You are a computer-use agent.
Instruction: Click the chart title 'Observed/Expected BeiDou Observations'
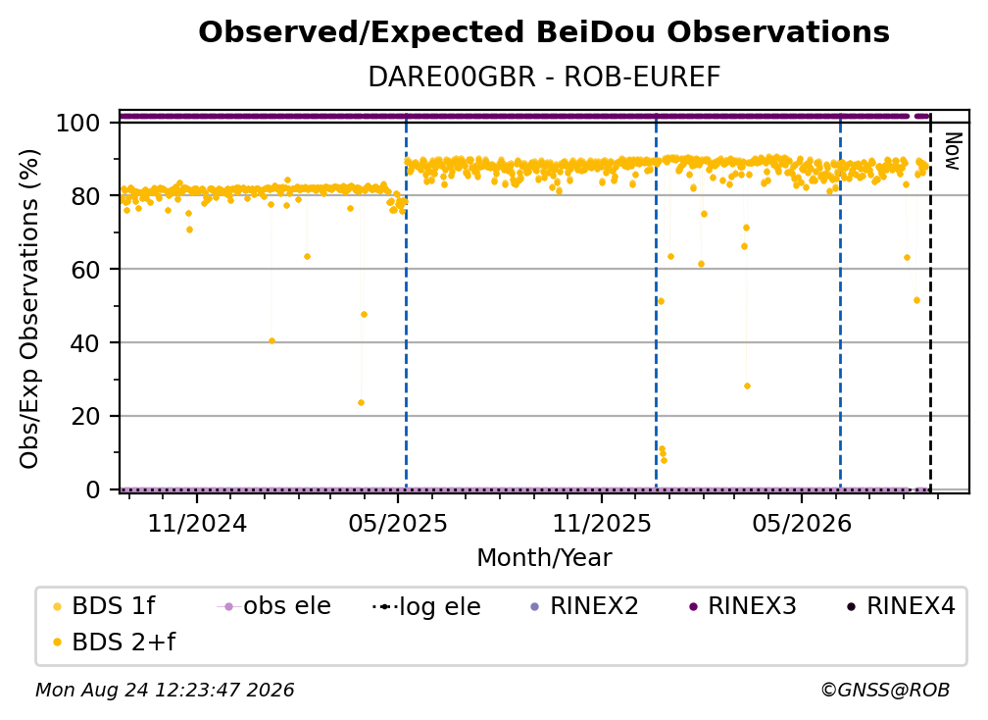[x=544, y=32]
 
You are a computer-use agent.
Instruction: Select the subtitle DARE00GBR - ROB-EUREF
[x=544, y=77]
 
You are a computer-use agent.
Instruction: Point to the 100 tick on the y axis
[x=78, y=123]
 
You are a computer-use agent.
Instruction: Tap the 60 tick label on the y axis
[x=85, y=270]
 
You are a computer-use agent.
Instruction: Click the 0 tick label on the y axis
[x=93, y=489]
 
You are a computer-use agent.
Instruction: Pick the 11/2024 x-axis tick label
[x=197, y=523]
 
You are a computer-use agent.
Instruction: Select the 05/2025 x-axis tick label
[x=398, y=523]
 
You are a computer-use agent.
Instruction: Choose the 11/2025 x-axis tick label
[x=602, y=523]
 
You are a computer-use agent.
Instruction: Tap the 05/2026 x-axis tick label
[x=802, y=523]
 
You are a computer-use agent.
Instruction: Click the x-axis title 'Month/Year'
[x=544, y=558]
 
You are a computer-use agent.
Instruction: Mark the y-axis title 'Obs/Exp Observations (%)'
[x=29, y=309]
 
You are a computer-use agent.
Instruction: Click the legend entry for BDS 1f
[x=105, y=606]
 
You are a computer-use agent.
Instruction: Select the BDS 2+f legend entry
[x=115, y=643]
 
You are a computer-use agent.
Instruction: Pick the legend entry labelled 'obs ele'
[x=274, y=606]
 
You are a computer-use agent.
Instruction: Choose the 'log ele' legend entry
[x=427, y=607]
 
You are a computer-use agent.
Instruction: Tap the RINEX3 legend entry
[x=744, y=606]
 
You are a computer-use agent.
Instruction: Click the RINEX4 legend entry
[x=902, y=606]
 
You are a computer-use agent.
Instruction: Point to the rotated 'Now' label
[x=953, y=151]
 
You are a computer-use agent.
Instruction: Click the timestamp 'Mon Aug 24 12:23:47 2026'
[x=165, y=691]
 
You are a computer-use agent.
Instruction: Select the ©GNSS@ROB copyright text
[x=885, y=691]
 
